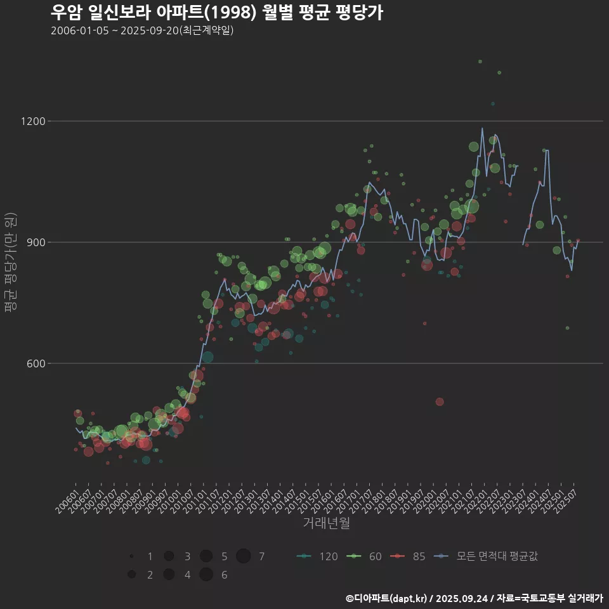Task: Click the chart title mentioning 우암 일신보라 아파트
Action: [216, 12]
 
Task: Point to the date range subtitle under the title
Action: [142, 30]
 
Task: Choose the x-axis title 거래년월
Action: [326, 523]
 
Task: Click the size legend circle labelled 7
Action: [244, 556]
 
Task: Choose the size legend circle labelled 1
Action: [131, 556]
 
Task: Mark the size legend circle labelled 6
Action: [206, 575]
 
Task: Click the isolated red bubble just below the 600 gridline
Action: [440, 402]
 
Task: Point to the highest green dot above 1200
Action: [480, 62]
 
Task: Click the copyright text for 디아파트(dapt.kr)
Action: [474, 598]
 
